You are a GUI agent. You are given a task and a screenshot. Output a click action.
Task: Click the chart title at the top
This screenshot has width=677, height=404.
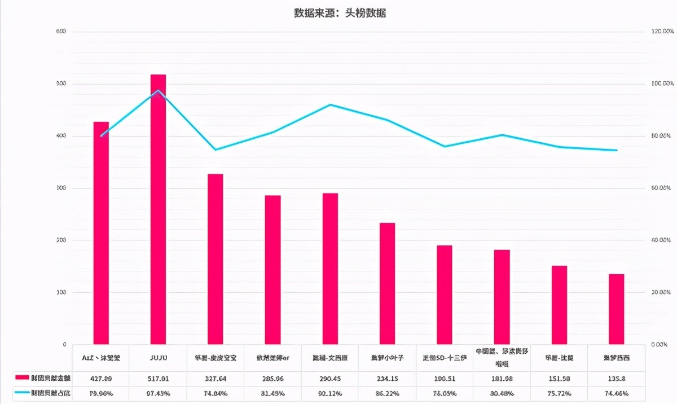[340, 13]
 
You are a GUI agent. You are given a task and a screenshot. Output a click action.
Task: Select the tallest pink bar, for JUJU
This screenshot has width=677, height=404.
[158, 209]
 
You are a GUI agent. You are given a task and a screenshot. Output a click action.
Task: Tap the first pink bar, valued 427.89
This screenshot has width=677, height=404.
[101, 232]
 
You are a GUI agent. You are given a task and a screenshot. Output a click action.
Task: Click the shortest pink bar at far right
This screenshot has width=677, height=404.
[616, 309]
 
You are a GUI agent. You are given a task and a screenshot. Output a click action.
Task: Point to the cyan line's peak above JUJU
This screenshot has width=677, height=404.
[159, 90]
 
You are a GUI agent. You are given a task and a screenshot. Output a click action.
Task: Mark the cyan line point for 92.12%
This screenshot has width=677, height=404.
[330, 104]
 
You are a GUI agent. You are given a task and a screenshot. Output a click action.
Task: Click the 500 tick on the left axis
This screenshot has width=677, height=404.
[61, 84]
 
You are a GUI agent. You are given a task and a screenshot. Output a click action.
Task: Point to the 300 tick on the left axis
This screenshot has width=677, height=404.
[61, 188]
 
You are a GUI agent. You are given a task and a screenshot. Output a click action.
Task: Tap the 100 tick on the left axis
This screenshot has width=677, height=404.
[61, 292]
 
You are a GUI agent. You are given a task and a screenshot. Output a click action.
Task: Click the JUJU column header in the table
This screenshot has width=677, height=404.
[158, 358]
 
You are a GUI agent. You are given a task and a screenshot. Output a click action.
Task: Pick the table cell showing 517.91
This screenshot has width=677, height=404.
[158, 378]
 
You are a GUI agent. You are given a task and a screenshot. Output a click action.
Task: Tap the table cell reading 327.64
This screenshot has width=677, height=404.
[215, 378]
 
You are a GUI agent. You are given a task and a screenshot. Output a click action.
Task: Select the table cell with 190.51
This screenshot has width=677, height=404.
[445, 378]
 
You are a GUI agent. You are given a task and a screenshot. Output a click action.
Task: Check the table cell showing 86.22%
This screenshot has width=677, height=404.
[387, 393]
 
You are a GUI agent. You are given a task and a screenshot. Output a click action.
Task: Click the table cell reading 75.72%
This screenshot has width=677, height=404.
[559, 393]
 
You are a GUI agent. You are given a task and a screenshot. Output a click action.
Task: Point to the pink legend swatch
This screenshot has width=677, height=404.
[22, 377]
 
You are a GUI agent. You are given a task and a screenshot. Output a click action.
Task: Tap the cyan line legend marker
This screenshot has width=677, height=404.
[22, 392]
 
